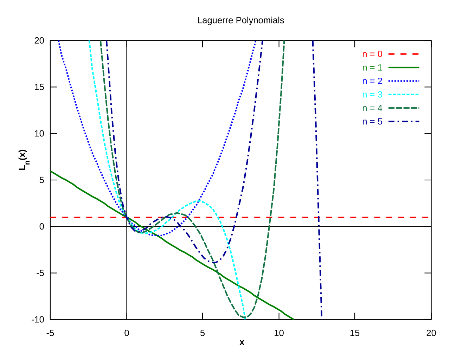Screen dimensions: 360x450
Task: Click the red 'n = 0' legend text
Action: tap(372, 54)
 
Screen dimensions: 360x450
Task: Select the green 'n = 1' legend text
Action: tap(372, 67)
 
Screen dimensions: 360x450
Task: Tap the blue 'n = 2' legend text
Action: tap(372, 81)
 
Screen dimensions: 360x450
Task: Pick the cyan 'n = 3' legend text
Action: tap(372, 95)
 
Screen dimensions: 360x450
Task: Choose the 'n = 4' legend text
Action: tap(372, 108)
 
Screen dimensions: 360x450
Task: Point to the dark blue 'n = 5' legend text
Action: tap(372, 122)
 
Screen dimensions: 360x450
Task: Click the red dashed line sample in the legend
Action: tap(404, 54)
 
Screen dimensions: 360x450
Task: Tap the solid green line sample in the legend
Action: tap(404, 67)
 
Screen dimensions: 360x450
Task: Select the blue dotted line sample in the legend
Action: tap(404, 81)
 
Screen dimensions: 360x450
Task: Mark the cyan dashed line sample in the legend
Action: tap(404, 95)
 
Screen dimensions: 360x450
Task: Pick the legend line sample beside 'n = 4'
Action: tap(404, 108)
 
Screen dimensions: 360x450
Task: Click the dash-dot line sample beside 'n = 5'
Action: tap(404, 122)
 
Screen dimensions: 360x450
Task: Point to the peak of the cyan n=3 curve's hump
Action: tap(199, 201)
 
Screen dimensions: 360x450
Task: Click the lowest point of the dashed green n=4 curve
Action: tap(245, 317)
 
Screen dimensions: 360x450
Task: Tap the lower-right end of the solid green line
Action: tap(294, 319)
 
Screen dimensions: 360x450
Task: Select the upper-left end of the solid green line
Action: tap(51, 171)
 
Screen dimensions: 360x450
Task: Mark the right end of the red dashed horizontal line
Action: tap(429, 218)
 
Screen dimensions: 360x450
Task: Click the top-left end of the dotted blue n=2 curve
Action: tap(58, 41)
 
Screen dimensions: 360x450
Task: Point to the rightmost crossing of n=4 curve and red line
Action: tap(270, 218)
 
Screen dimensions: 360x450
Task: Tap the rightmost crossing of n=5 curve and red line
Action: tap(319, 218)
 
